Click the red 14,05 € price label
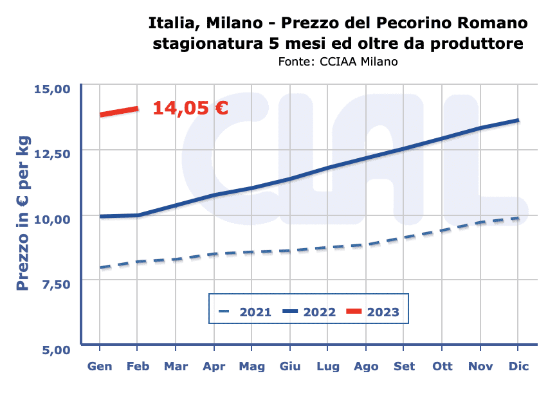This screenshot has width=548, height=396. pos(190,108)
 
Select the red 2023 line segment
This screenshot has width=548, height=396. pos(119,111)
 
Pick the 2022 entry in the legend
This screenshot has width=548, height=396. pos(309,312)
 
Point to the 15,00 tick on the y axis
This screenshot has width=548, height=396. pos(50,87)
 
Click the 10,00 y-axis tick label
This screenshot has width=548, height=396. pos(50,218)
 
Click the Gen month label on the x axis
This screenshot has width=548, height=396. pos(100,366)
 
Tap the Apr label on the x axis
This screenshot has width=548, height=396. pos(213,366)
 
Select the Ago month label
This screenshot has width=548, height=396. pos(366,366)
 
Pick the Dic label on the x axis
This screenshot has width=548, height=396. pos(518,366)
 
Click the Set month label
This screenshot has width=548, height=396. pos(405,366)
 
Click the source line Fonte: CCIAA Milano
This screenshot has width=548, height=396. pos(338,62)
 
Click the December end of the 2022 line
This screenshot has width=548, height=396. pos(518,120)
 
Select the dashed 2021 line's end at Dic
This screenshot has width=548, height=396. pos(518,219)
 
